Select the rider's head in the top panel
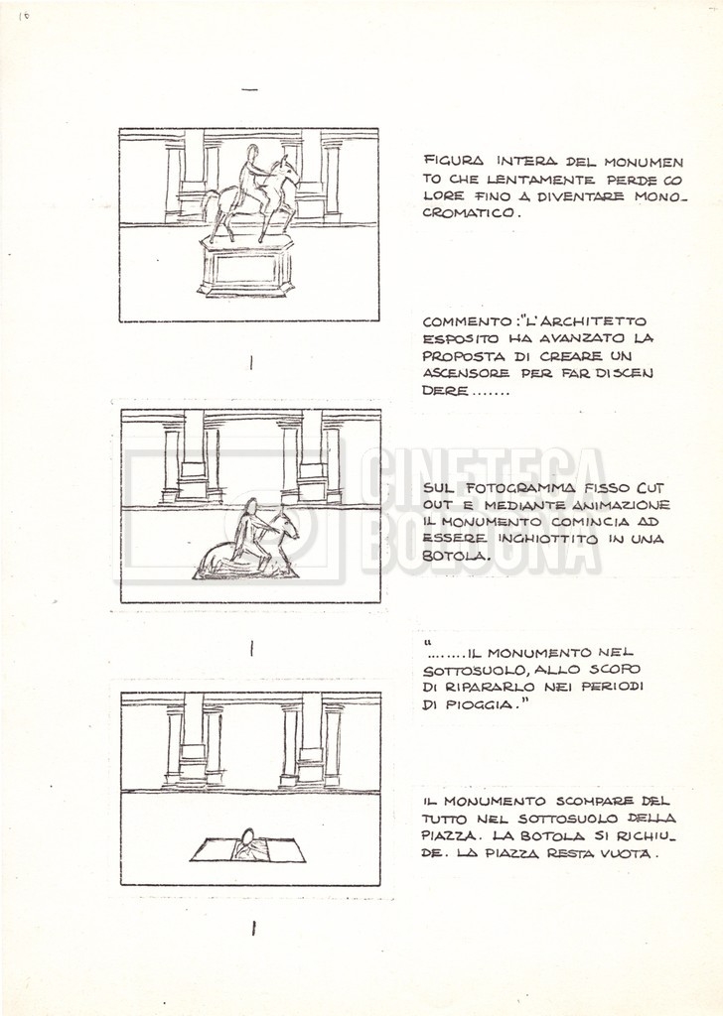pyautogui.click(x=251, y=152)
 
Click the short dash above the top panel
pyautogui.click(x=249, y=89)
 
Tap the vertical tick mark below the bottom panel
pyautogui.click(x=253, y=929)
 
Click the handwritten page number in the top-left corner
pyautogui.click(x=25, y=16)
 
